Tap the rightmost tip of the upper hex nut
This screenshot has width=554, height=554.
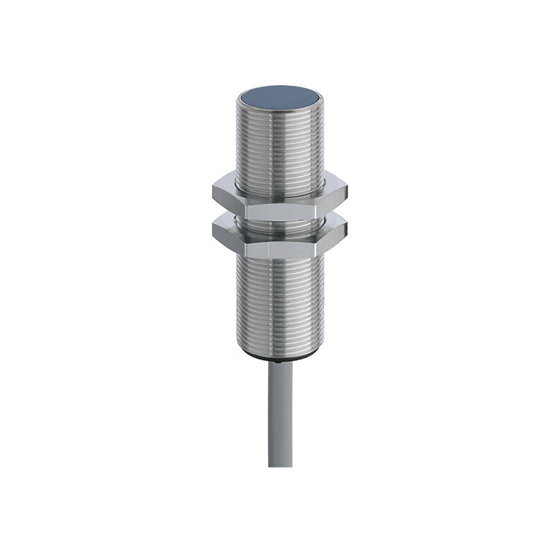tap(347, 190)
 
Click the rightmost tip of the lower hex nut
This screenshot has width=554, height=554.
tap(347, 229)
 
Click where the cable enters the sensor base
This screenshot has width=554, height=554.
tap(280, 363)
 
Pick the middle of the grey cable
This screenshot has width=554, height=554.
tap(280, 415)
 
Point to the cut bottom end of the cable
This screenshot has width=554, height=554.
tap(280, 465)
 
